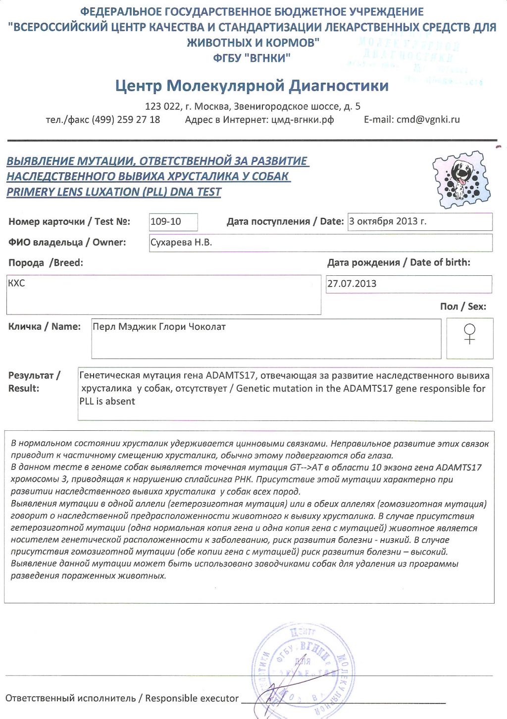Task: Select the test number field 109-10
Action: click(166, 222)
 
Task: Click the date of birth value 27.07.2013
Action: click(352, 284)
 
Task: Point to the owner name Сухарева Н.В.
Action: click(181, 243)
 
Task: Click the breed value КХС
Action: click(16, 283)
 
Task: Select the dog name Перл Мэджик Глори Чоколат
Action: click(159, 327)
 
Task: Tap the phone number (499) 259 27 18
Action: click(126, 119)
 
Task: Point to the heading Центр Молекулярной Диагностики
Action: click(252, 86)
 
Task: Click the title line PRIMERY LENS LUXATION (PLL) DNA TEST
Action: click(114, 192)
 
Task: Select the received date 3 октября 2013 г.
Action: click(388, 221)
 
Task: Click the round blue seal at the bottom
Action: click(303, 671)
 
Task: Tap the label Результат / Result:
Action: click(34, 382)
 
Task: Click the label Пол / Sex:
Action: click(463, 307)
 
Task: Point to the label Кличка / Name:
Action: click(45, 327)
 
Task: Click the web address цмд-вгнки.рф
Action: click(303, 119)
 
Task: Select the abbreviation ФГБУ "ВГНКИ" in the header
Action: click(252, 58)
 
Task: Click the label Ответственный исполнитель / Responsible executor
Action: click(122, 698)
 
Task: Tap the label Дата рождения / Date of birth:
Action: click(399, 262)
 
